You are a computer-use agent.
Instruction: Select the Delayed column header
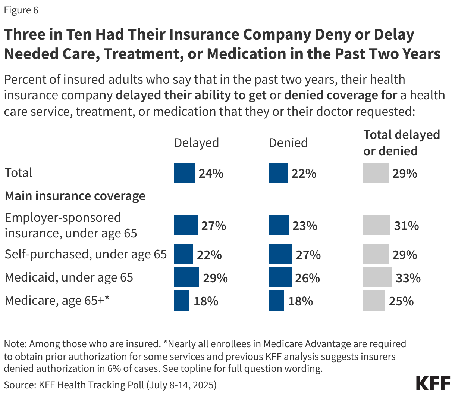click(196, 143)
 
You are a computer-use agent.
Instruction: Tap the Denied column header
click(288, 143)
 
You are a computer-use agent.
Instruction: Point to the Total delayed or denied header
click(401, 143)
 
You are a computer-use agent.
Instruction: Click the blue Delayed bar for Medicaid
click(186, 277)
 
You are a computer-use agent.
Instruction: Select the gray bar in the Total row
click(376, 173)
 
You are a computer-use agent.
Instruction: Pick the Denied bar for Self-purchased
click(280, 255)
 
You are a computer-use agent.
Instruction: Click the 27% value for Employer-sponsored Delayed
click(213, 226)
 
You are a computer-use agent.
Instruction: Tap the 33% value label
click(408, 278)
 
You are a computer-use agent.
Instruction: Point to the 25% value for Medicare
click(401, 301)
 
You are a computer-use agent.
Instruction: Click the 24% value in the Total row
click(211, 174)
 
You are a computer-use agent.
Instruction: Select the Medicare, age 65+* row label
click(57, 300)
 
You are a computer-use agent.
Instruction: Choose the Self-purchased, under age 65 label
click(85, 254)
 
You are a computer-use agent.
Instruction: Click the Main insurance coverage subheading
click(75, 196)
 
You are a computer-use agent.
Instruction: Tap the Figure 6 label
click(21, 10)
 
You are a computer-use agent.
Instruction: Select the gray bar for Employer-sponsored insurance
click(377, 226)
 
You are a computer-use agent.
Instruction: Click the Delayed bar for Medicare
click(182, 301)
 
